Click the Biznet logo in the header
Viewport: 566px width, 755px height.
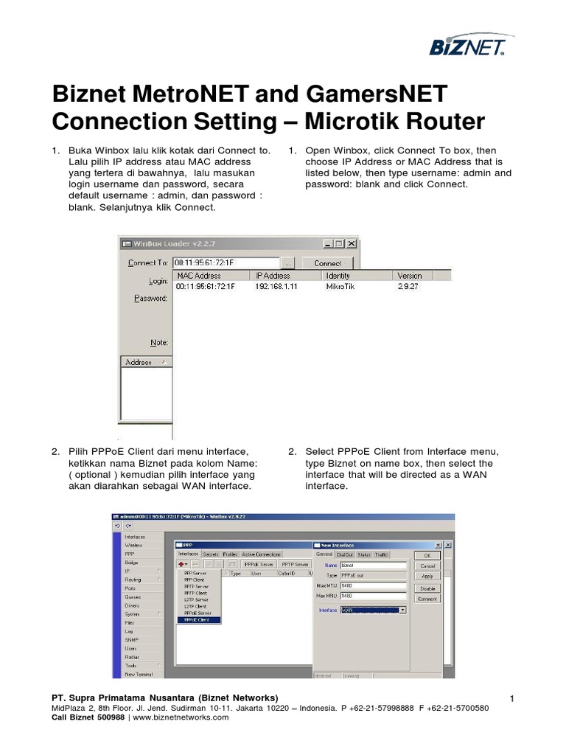[x=467, y=48]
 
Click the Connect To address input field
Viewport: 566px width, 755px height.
[x=226, y=262]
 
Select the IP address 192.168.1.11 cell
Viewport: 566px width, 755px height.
[x=277, y=287]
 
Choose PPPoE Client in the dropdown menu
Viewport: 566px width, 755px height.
[x=197, y=620]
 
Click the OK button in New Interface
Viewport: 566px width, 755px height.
[x=427, y=555]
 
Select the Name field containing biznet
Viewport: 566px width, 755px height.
[x=374, y=565]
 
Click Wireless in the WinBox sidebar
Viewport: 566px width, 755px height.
[x=133, y=546]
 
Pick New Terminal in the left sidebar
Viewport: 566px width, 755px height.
[x=139, y=674]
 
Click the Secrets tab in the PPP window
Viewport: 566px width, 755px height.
[x=211, y=554]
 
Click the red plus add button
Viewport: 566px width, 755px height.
[x=182, y=564]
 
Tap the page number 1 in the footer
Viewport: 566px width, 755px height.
[x=511, y=697]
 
